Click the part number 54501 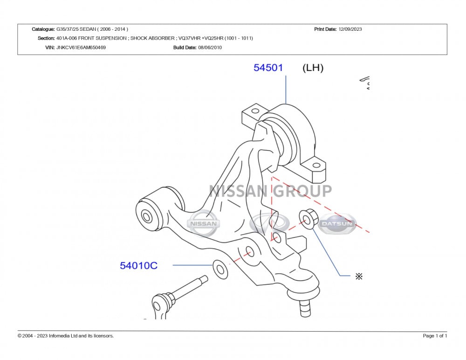coord(268,68)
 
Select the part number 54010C coord(138,265)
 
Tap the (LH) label coord(313,68)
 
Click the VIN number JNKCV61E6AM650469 coord(81,47)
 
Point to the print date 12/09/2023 coord(350,29)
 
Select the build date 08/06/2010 coord(210,47)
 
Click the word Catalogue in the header coord(43,29)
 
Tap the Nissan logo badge coord(203,223)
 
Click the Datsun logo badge coord(337,223)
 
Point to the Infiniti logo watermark coord(269,223)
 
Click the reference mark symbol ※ coord(359,277)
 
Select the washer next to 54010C coord(220,270)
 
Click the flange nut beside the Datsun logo coord(308,219)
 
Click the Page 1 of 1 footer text coord(435,336)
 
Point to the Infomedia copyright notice coord(66,336)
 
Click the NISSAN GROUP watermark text coord(270,191)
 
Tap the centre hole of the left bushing coord(146,216)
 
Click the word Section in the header coord(46,38)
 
